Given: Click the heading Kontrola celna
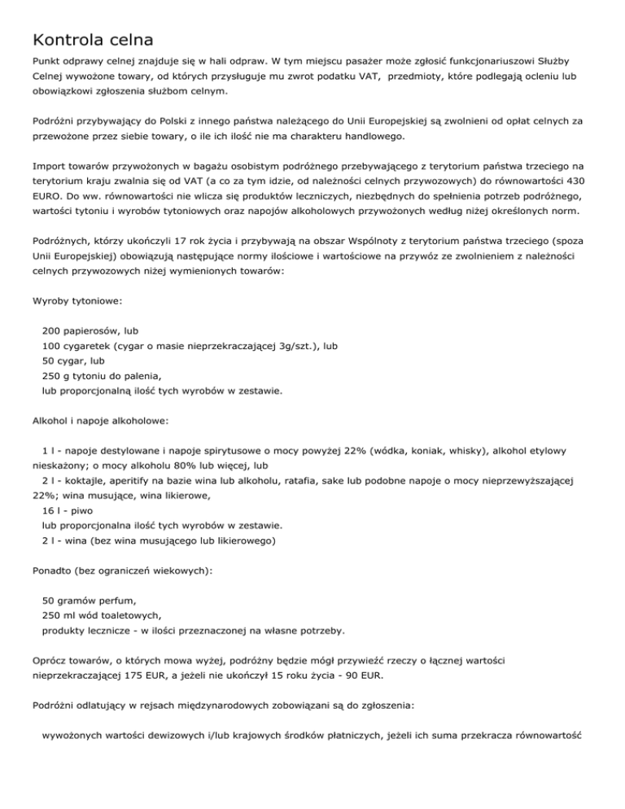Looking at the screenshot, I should [x=93, y=38].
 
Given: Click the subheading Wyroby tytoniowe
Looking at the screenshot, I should [x=77, y=300].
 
